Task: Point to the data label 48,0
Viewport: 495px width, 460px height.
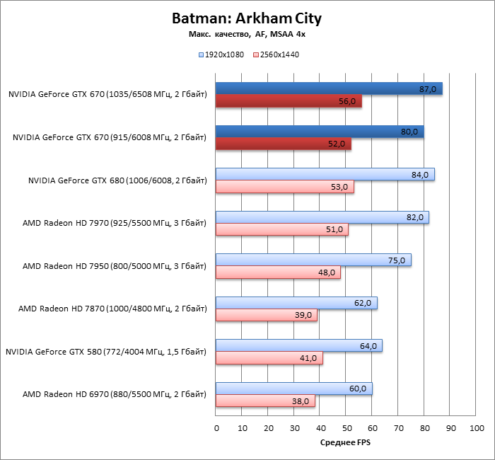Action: click(329, 273)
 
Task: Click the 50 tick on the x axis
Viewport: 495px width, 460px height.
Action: click(346, 429)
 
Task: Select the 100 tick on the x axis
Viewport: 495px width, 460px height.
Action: click(477, 429)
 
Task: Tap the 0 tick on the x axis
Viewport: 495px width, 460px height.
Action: click(216, 429)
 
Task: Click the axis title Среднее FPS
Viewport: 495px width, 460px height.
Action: click(346, 443)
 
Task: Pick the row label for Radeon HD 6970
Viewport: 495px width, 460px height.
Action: click(115, 394)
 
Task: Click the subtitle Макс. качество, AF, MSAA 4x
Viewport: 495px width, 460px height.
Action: click(247, 33)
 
